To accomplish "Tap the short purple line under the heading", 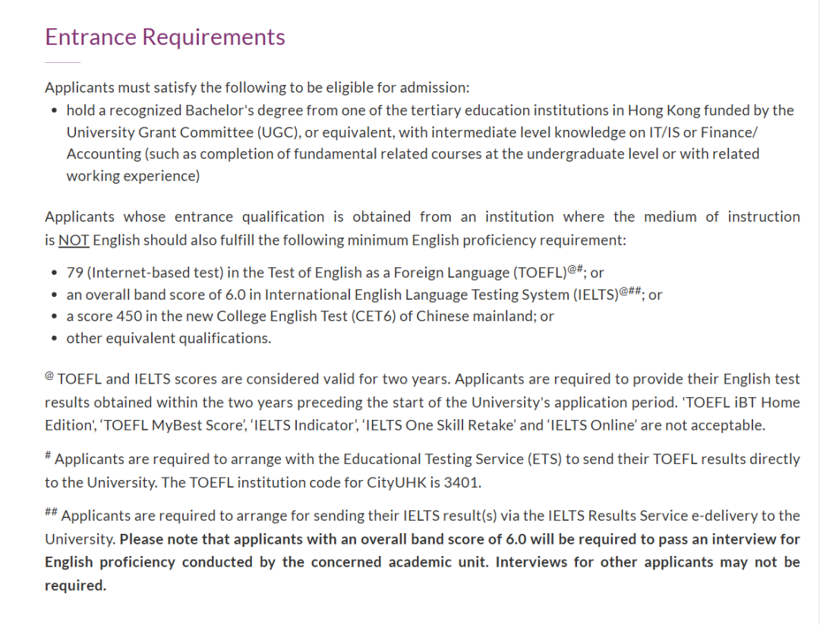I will point(62,62).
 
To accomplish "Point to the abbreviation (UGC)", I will point(275,132).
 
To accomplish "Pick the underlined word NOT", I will point(74,240).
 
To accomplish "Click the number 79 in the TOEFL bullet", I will point(74,273).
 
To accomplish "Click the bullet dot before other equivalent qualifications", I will point(54,339).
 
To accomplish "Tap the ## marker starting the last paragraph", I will point(51,513).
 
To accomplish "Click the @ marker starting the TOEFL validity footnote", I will point(49,376).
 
